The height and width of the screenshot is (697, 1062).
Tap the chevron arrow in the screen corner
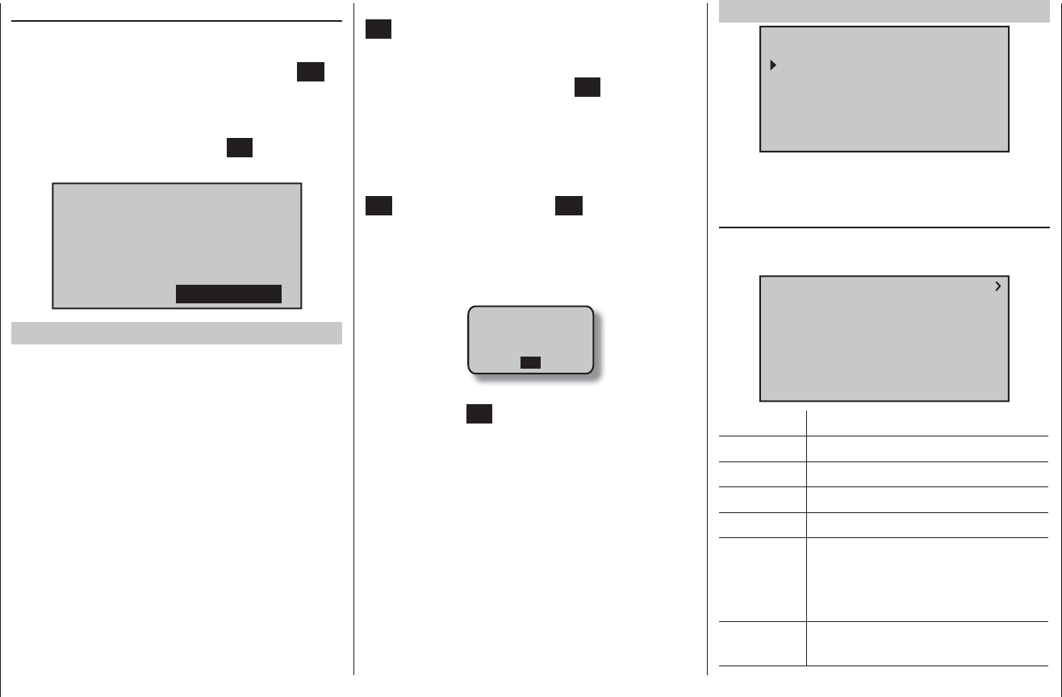[x=997, y=286]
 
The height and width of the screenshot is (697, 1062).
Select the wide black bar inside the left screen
[x=228, y=294]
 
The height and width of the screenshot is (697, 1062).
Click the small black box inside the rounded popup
[x=530, y=363]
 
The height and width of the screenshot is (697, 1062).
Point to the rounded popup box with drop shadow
[x=531, y=340]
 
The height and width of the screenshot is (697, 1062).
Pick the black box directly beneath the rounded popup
[x=479, y=414]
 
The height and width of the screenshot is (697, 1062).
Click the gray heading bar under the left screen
[x=177, y=333]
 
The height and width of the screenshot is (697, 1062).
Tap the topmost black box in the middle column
[x=378, y=30]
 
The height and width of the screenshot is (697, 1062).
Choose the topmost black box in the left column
[x=311, y=71]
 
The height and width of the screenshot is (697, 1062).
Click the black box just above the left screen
[x=240, y=148]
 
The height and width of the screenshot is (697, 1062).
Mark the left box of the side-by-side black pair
[x=378, y=206]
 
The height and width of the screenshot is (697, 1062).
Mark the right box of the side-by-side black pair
[x=568, y=206]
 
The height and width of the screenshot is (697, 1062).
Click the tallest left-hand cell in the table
[x=763, y=579]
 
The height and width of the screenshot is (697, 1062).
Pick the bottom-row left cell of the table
[x=763, y=643]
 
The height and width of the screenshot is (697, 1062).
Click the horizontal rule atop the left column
[x=177, y=22]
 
